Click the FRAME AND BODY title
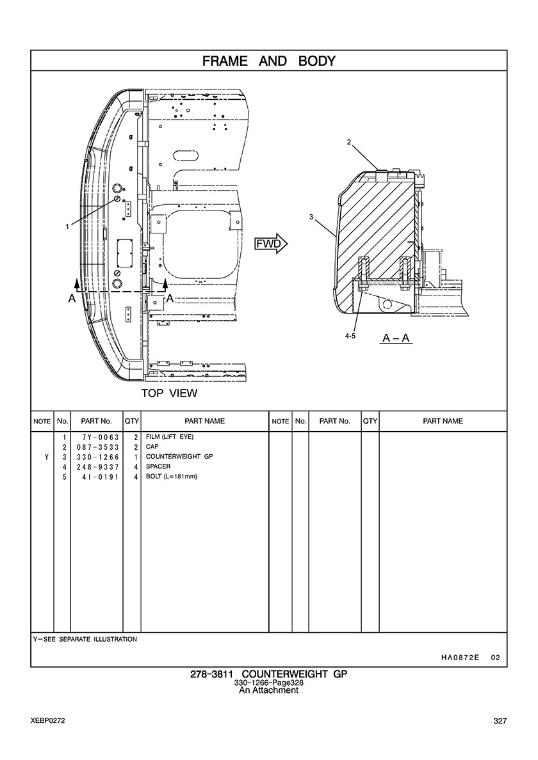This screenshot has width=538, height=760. pos(269,61)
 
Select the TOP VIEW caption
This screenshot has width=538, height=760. pos(169,393)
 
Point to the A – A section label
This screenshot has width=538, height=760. pos(396,337)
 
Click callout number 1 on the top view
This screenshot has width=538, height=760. pos(67,226)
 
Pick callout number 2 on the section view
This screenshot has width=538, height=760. pos(349,143)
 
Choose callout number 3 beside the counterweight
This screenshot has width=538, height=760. pos(311,218)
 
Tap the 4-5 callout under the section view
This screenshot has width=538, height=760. pos(349,335)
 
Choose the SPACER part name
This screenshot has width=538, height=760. pos(158,466)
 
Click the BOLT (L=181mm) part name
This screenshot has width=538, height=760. pos(172,477)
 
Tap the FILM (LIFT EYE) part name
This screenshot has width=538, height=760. pos(170,437)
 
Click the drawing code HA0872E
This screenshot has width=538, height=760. pos(460,657)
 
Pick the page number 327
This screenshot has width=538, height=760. pos(500,721)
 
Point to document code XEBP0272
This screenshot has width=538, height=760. pos(47,721)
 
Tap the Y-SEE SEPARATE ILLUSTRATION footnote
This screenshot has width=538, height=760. pos(85,639)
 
